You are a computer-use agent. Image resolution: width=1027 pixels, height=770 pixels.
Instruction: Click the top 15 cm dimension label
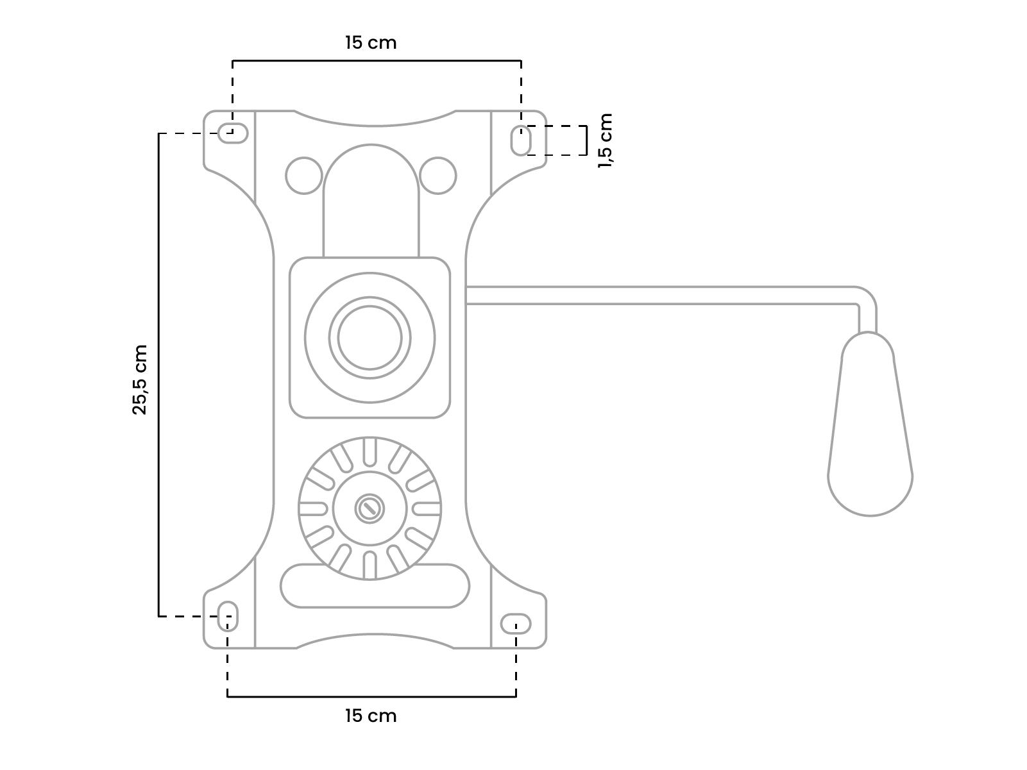click(x=371, y=43)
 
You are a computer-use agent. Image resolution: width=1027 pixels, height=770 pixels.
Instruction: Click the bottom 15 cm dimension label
click(x=371, y=716)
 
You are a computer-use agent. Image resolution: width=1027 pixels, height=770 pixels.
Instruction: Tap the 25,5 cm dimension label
click(x=140, y=380)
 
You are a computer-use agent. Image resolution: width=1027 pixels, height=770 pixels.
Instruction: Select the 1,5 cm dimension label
click(x=605, y=140)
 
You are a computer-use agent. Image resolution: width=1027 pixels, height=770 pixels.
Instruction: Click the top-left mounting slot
click(x=233, y=133)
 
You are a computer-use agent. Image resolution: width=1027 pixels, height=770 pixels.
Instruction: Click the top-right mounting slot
click(x=520, y=140)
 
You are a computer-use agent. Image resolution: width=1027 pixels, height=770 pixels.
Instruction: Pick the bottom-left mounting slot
click(x=228, y=616)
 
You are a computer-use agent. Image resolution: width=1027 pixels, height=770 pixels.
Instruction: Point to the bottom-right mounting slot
click(x=516, y=623)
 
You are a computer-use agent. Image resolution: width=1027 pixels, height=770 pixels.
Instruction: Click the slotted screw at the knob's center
click(x=369, y=509)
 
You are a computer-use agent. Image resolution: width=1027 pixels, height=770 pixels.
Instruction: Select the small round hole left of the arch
click(x=303, y=175)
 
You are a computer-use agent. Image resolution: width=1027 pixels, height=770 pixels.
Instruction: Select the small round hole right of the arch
click(x=438, y=175)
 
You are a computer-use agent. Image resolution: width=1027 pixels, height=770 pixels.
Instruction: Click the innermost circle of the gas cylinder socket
click(x=369, y=337)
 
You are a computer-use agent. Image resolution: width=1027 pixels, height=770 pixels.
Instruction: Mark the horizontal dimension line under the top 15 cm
click(x=377, y=61)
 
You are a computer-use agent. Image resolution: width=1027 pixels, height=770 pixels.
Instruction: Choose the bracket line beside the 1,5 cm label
click(x=586, y=140)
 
